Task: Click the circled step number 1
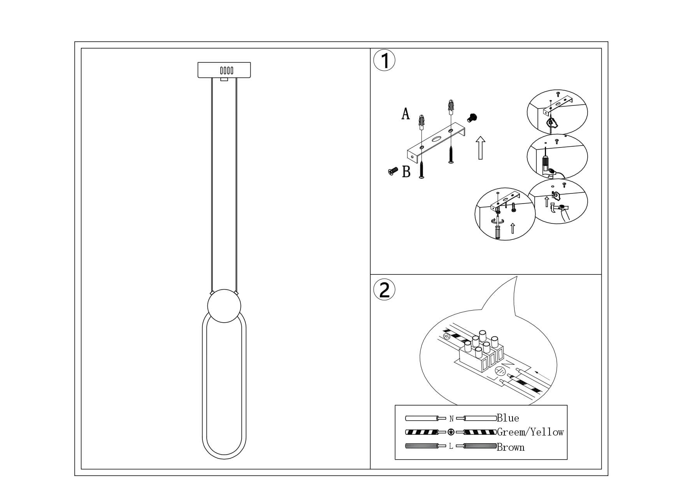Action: [x=384, y=61]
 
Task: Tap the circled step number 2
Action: [x=384, y=290]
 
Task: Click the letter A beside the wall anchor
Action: [x=406, y=114]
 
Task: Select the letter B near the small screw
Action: [x=406, y=172]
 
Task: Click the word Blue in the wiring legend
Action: [x=508, y=418]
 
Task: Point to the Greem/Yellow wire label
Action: [x=530, y=432]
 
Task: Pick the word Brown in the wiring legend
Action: [x=511, y=447]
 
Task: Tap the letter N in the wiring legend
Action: [x=451, y=419]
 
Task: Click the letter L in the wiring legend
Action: [x=451, y=446]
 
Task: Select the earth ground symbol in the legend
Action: [x=451, y=432]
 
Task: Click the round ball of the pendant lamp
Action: [x=224, y=306]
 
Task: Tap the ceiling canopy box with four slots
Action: [x=224, y=70]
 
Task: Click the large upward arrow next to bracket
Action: [x=481, y=148]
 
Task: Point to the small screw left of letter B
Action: [x=393, y=170]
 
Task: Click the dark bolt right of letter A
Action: [x=473, y=117]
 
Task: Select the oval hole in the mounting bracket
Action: [x=435, y=139]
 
